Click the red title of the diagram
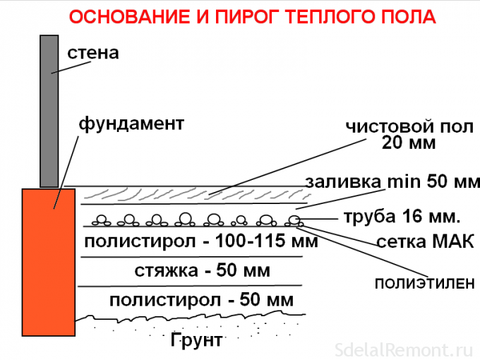tap(252, 17)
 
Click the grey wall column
tap(49, 111)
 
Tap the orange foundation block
tap(49, 263)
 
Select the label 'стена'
tap(93, 53)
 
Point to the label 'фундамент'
tap(131, 124)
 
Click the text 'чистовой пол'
tap(409, 126)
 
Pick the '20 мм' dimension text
tap(409, 143)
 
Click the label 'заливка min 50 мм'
tap(392, 181)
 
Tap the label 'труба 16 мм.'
tap(402, 217)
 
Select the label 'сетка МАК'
tap(426, 241)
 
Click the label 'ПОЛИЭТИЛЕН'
tap(425, 284)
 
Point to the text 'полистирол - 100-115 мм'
tap(201, 241)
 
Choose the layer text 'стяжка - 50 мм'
tap(203, 270)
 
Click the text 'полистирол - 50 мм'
tap(201, 300)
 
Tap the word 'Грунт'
tap(196, 340)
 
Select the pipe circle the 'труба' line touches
tap(294, 220)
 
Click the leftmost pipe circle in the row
tap(101, 220)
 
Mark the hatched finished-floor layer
tap(196, 194)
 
